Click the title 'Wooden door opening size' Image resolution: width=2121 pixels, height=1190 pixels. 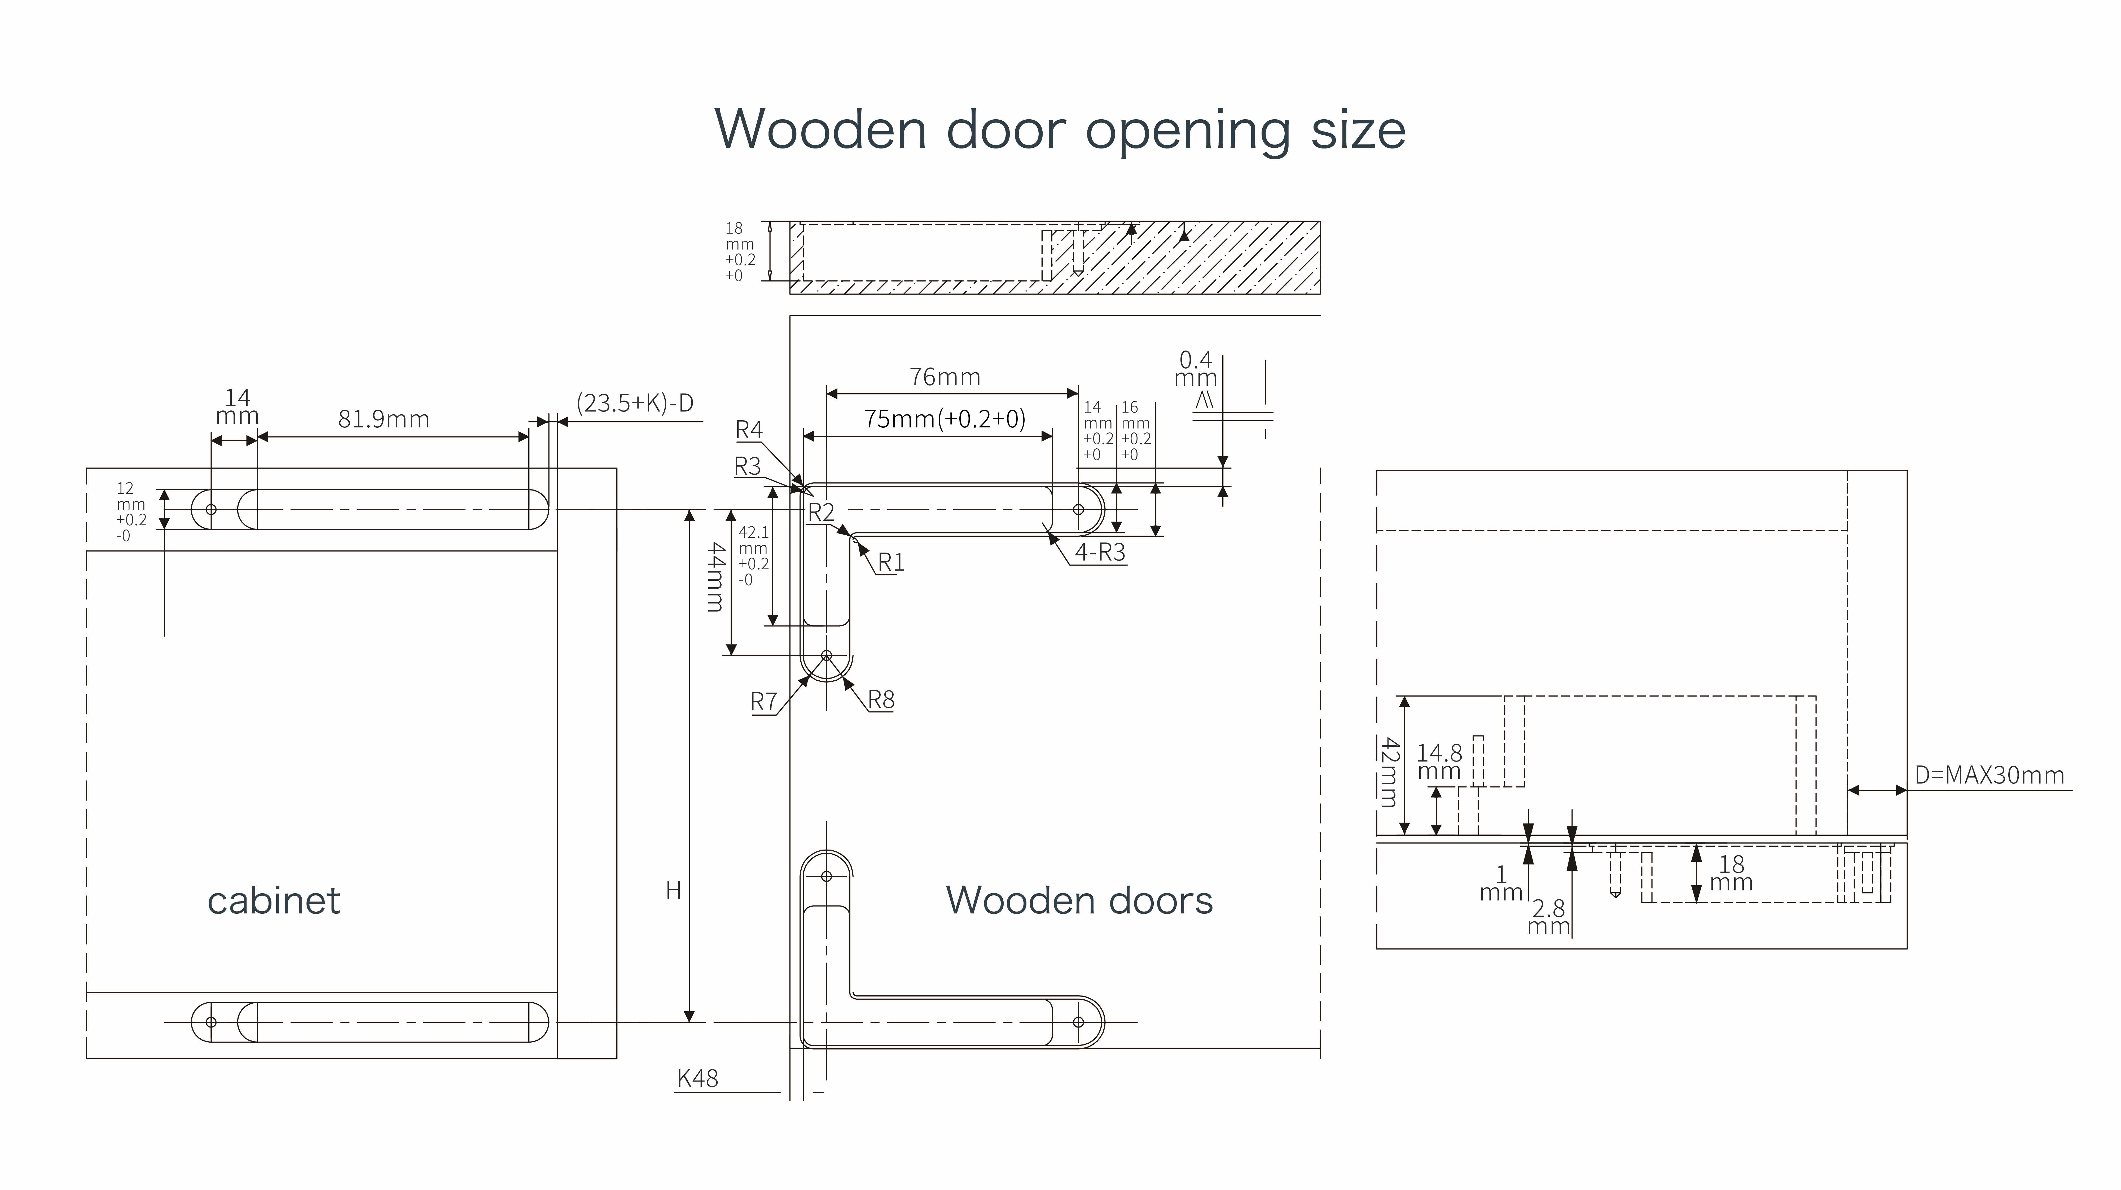click(x=1060, y=129)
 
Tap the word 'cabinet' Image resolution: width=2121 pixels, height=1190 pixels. click(x=273, y=900)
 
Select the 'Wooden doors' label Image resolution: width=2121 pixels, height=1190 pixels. click(x=1079, y=900)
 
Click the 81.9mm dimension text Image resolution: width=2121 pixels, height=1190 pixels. click(x=384, y=419)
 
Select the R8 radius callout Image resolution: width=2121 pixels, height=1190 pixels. click(x=881, y=700)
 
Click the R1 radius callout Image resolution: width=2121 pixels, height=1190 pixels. click(x=891, y=562)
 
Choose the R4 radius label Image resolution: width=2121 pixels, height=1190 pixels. click(x=749, y=430)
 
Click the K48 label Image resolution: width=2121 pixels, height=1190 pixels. click(x=697, y=1079)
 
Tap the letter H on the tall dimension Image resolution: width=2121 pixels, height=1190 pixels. click(x=674, y=890)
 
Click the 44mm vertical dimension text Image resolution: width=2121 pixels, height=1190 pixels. click(x=715, y=576)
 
